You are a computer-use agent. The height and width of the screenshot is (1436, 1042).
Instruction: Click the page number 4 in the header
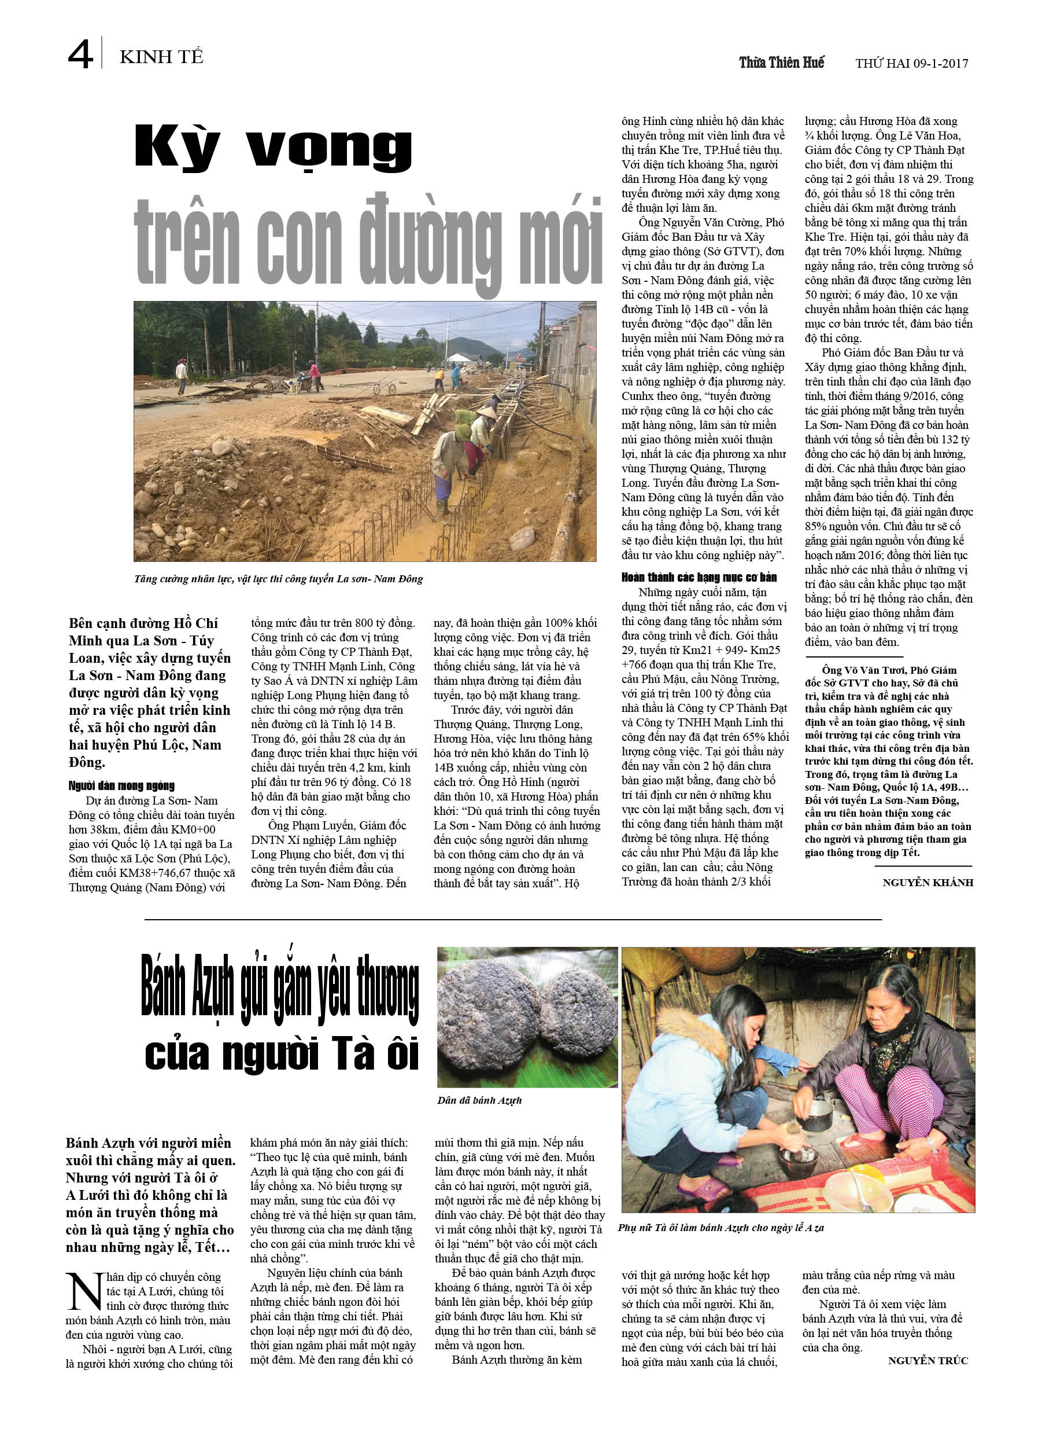coord(80,54)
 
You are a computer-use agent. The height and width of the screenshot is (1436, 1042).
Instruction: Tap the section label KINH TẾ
coord(161,57)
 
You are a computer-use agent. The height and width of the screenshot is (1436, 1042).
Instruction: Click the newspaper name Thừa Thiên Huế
coord(781,62)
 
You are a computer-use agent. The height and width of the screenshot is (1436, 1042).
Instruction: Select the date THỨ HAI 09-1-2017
coord(911,63)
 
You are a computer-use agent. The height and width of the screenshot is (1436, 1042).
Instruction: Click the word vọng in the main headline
coord(329,149)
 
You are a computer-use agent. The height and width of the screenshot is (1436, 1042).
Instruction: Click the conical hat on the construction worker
coord(486,412)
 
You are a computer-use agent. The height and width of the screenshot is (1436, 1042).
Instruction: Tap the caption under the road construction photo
coord(278,579)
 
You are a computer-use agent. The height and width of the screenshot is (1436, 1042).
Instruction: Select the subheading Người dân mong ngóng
coord(121,786)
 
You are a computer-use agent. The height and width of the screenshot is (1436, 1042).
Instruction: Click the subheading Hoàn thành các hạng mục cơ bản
coord(699,577)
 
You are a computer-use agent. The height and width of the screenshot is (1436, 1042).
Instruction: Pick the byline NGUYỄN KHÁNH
coord(928,883)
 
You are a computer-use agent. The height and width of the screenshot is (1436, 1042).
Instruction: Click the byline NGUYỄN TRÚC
coord(928,1361)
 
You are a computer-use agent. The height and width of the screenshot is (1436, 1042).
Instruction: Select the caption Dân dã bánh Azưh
coord(479,1100)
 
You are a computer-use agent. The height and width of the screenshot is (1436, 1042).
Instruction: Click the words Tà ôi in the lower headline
coord(365,1056)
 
